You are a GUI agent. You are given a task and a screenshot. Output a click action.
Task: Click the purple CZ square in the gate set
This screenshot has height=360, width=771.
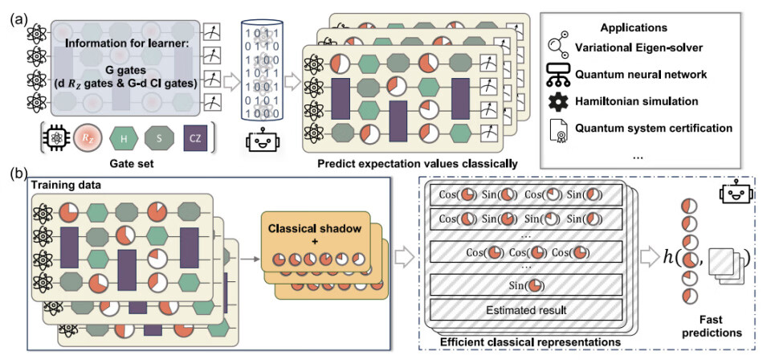point(195,138)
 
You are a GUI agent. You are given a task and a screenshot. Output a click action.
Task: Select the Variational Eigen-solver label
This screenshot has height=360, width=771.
point(654,47)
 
